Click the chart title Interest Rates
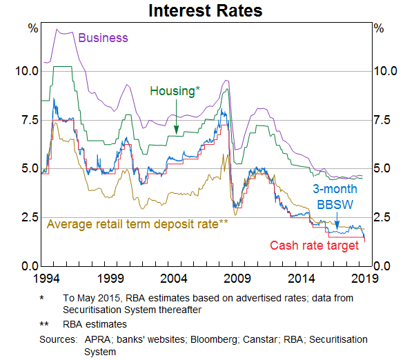206,11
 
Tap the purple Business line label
103,38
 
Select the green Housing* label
175,91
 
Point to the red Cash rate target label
314,246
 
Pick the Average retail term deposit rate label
137,223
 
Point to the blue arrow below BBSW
337,219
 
